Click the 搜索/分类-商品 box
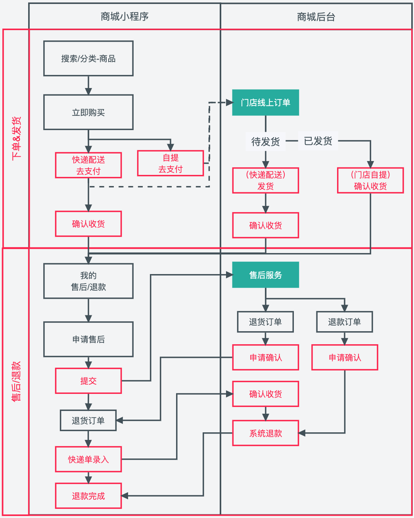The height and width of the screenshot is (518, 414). [x=88, y=58]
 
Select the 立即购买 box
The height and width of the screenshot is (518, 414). [x=88, y=112]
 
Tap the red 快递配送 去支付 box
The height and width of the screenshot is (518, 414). [x=88, y=165]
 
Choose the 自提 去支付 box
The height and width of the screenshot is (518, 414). [x=171, y=163]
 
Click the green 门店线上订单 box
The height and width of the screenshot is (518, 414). [x=266, y=103]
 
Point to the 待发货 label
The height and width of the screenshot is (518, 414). [x=266, y=142]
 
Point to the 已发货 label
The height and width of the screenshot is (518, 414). [x=318, y=141]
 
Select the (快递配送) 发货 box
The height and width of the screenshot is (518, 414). [x=266, y=180]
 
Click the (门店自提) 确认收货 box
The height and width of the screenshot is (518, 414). [x=370, y=180]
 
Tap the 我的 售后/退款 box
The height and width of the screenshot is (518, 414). [x=88, y=281]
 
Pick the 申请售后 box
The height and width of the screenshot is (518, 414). [x=88, y=340]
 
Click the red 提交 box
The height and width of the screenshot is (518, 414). [x=88, y=381]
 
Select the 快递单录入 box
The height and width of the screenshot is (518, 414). [x=88, y=459]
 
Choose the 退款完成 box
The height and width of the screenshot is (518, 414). [x=88, y=496]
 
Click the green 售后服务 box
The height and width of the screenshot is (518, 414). [x=266, y=275]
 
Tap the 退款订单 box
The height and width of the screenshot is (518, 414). [x=345, y=322]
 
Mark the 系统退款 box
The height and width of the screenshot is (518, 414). [x=266, y=433]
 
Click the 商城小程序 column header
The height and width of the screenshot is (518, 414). [x=125, y=17]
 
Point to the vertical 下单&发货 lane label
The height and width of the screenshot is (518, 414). [x=16, y=138]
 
